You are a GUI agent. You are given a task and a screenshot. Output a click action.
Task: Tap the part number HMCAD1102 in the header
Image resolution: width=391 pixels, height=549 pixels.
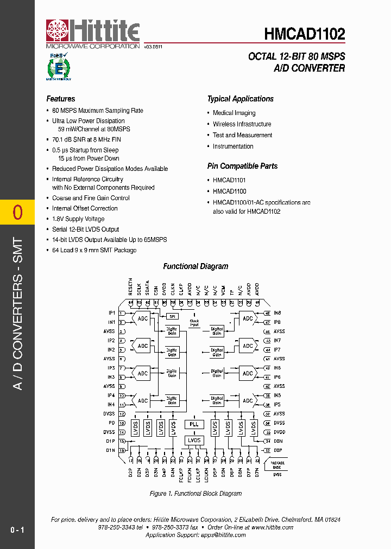click(304, 35)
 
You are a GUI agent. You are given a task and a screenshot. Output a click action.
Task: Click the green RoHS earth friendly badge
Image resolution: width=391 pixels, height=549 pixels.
click(59, 67)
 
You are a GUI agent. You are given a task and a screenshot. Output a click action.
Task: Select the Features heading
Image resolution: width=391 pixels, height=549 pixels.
click(61, 99)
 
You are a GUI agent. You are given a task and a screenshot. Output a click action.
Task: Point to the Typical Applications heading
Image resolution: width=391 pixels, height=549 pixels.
click(240, 99)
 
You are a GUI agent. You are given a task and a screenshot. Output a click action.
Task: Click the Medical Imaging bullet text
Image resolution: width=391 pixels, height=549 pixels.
click(234, 113)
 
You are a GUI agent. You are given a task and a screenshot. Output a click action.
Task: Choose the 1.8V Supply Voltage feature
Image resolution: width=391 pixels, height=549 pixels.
click(78, 219)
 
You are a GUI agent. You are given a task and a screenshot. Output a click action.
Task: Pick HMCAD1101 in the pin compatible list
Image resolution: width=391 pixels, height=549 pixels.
click(229, 180)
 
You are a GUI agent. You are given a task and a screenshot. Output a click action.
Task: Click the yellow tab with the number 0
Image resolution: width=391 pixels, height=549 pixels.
click(17, 212)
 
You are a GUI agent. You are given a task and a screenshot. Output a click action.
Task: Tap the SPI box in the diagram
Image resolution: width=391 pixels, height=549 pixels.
click(172, 316)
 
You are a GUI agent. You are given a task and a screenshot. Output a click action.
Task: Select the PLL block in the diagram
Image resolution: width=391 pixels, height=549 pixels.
click(194, 424)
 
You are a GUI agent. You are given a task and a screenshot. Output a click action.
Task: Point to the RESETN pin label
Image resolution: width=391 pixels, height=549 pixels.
click(131, 287)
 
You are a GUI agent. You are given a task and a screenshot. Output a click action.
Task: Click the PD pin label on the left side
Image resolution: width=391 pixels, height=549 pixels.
click(111, 423)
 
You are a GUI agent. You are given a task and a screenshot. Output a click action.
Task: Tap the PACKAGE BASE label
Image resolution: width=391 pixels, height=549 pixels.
click(276, 465)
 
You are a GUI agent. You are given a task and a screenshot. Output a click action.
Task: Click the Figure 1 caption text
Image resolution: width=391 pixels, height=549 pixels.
click(195, 494)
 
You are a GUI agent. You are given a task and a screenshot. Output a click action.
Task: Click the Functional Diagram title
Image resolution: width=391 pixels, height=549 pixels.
click(195, 266)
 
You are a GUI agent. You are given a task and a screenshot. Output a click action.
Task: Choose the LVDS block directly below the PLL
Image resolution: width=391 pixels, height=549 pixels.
click(194, 440)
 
